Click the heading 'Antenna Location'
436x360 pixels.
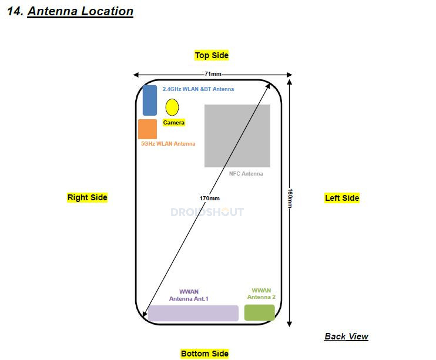pyautogui.click(x=80, y=11)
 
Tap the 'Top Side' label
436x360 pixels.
pyautogui.click(x=212, y=55)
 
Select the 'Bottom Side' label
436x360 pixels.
pyautogui.click(x=204, y=353)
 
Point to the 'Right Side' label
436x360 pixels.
pyautogui.click(x=88, y=197)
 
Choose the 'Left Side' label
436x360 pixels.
pyautogui.click(x=342, y=198)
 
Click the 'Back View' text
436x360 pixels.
pyautogui.click(x=346, y=337)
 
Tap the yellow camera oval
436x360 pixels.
pyautogui.click(x=172, y=107)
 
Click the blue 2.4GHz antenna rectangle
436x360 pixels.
pyautogui.click(x=150, y=100)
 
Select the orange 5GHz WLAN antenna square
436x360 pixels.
pyautogui.click(x=147, y=129)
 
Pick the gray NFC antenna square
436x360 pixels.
pyautogui.click(x=237, y=136)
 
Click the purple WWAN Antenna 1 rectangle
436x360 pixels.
pyautogui.click(x=193, y=313)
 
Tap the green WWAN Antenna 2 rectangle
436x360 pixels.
pyautogui.click(x=260, y=312)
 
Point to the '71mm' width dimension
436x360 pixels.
pyautogui.click(x=213, y=74)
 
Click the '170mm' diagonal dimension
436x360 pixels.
pyautogui.click(x=209, y=198)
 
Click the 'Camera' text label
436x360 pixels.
pyautogui.click(x=174, y=123)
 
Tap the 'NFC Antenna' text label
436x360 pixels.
pyautogui.click(x=246, y=174)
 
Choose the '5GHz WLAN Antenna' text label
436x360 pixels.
pyautogui.click(x=168, y=144)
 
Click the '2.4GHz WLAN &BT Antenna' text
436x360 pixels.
pyautogui.click(x=198, y=89)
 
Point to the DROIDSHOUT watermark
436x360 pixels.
pyautogui.click(x=207, y=212)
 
